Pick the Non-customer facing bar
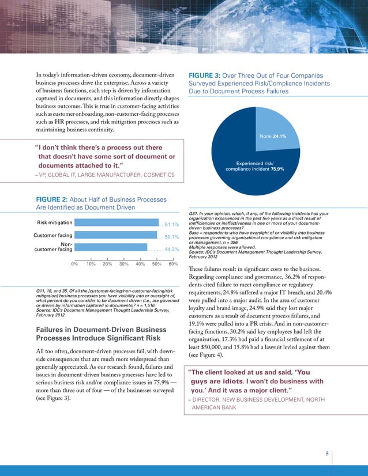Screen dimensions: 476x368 (x=111, y=249)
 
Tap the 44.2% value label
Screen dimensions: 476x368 (x=171, y=250)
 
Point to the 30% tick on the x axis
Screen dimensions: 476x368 (x=123, y=264)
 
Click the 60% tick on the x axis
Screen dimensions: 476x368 (x=172, y=264)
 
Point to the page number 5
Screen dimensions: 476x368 (x=327, y=454)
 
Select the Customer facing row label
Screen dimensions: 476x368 (x=54, y=235)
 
